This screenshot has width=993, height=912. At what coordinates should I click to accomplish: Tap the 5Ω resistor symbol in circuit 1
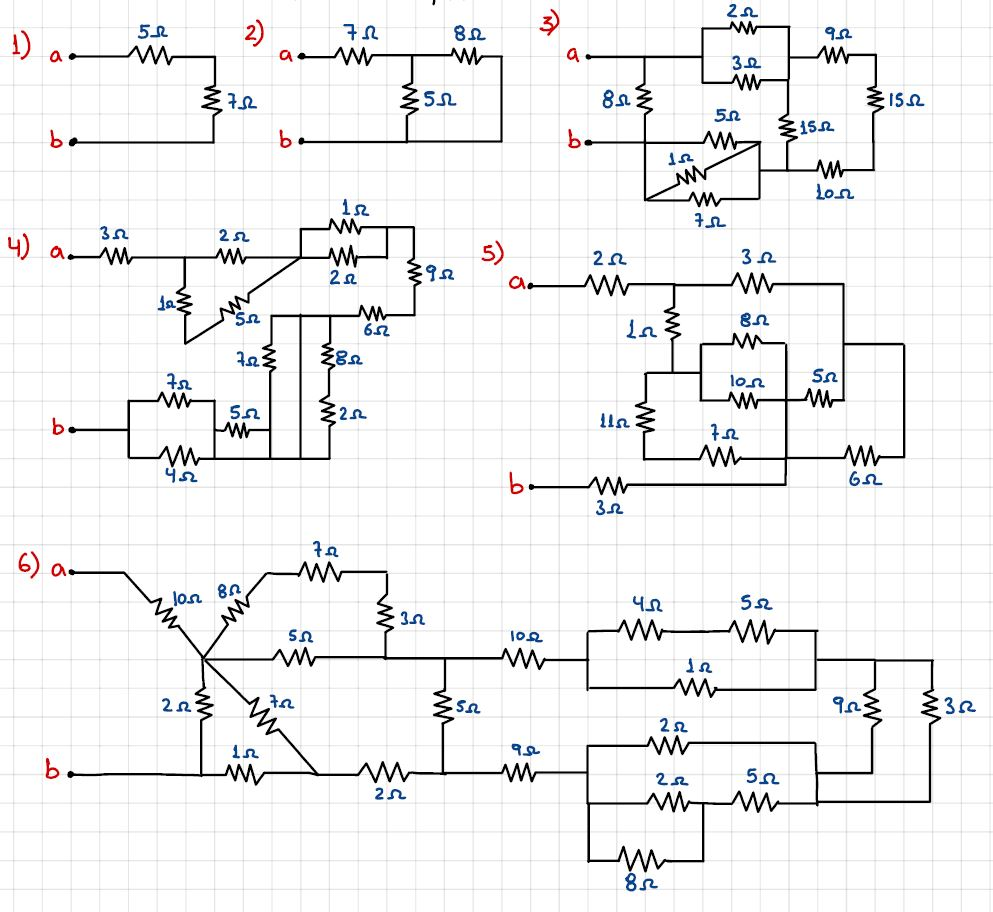click(x=151, y=57)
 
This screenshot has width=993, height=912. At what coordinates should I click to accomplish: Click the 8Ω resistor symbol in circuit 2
click(x=466, y=57)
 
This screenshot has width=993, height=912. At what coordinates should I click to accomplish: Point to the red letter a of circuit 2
click(x=285, y=58)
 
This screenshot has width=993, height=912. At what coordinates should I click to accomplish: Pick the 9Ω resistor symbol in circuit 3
click(x=832, y=57)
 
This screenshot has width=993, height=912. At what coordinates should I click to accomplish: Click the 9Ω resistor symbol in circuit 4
click(x=412, y=270)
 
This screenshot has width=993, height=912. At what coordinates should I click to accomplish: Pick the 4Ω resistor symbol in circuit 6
click(x=640, y=632)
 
